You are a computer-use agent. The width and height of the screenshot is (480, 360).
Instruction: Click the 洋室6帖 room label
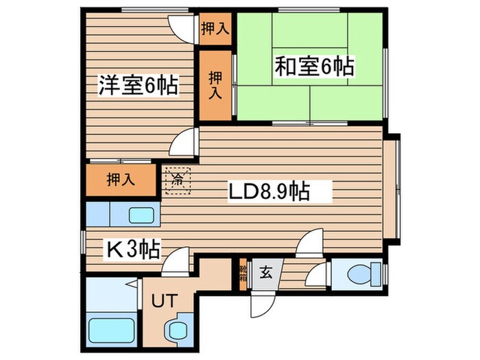[x=137, y=86]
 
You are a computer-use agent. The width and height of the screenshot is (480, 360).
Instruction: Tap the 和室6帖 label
[x=315, y=67]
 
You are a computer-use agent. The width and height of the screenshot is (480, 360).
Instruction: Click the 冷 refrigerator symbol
[x=178, y=181]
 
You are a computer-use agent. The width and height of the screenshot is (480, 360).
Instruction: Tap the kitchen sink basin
[x=141, y=215]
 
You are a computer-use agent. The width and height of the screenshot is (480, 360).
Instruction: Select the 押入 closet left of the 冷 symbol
[x=120, y=180]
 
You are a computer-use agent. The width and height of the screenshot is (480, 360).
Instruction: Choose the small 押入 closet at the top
[x=215, y=29]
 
